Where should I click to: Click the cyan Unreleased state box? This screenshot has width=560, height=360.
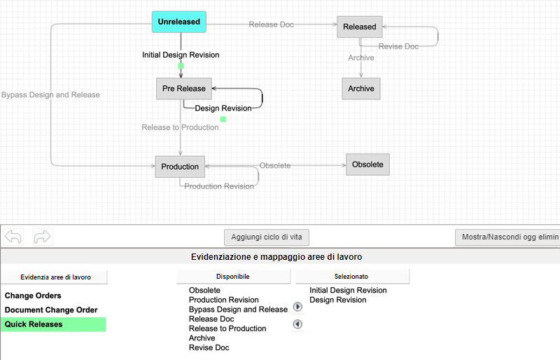coord(178,22)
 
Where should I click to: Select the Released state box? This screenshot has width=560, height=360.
coord(359,27)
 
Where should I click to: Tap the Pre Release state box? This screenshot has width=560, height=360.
coord(183,88)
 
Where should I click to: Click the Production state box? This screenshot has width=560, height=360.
coord(180,167)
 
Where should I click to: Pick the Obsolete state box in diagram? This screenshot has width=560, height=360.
coord(367,165)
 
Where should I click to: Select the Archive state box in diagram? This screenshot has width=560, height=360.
coord(361,88)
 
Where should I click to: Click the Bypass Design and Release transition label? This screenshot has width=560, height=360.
coord(50,95)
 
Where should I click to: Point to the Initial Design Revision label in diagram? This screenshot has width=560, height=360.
coord(181,55)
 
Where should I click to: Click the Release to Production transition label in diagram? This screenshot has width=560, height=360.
coord(180,127)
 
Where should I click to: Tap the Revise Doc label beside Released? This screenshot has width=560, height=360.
coord(398,46)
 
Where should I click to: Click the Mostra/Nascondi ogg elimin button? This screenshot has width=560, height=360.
coord(508,237)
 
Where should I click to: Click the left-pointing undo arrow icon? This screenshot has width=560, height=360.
coord(13,237)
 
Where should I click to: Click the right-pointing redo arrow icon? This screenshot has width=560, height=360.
coord(43,237)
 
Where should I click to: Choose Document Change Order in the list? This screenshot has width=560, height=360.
coord(51,310)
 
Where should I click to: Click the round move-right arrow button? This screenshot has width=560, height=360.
coord(297,307)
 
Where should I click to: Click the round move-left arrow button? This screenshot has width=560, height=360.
coord(297,324)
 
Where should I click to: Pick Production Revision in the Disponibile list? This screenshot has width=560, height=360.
coord(223,300)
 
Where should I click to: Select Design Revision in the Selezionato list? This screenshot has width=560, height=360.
coord(337,300)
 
